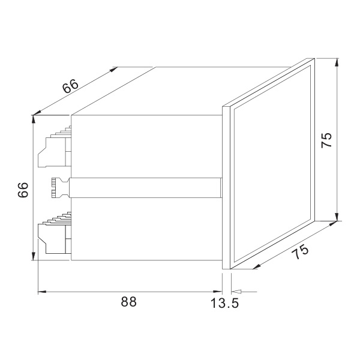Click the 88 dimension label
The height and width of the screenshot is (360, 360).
tap(129, 302)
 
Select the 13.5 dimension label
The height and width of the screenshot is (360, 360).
tap(224, 303)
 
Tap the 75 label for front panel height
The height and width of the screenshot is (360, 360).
tap(327, 140)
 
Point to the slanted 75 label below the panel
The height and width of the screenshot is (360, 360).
tap(300, 251)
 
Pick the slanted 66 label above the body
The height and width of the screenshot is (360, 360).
tap(71, 86)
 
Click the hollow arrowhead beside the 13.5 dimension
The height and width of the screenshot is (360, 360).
tap(237, 292)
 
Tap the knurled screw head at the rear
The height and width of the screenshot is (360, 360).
tap(53, 188)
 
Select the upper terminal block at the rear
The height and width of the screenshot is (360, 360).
tap(55, 146)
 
